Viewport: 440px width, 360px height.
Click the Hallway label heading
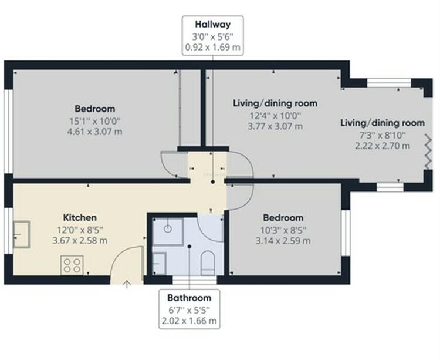tap(213, 25)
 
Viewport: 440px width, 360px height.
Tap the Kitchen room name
tap(80, 218)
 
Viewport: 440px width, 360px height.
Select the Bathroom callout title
tap(189, 298)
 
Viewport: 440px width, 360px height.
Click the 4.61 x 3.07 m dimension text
tap(95, 132)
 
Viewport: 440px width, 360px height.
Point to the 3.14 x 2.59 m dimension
tap(283, 241)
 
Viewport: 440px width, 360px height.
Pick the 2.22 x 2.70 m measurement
tap(383, 146)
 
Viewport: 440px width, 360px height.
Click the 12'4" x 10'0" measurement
tap(276, 116)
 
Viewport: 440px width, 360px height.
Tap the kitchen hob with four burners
tap(72, 265)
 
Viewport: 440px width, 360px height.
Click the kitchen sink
tap(22, 234)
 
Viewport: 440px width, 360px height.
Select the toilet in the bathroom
tap(208, 263)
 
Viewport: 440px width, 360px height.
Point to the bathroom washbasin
tap(159, 264)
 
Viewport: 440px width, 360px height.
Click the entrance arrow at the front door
tap(127, 284)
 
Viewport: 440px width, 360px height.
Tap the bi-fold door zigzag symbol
tap(428, 152)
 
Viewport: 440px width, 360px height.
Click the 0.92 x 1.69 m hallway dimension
tap(213, 47)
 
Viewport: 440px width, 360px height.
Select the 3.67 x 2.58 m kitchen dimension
tap(80, 241)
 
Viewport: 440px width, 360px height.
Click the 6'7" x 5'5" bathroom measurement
tap(189, 310)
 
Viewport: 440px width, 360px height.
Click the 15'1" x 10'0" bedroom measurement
tap(95, 121)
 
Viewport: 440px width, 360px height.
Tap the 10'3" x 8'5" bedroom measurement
tap(283, 230)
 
